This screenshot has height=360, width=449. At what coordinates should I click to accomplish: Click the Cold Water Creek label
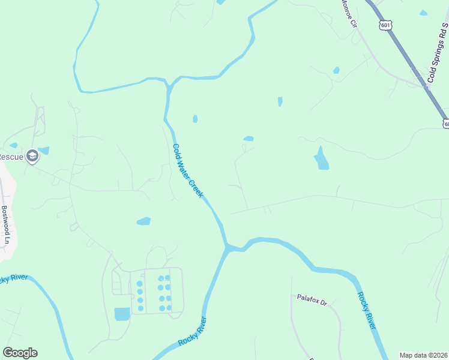188,171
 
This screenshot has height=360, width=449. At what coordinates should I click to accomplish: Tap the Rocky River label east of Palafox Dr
366,310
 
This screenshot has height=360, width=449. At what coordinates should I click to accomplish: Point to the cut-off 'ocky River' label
11,278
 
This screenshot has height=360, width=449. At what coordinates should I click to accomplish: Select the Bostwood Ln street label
6,220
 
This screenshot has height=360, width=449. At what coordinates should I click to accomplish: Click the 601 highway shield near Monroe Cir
386,25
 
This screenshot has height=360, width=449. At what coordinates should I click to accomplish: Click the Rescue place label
10,157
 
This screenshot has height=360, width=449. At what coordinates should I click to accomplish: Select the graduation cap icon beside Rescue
32,157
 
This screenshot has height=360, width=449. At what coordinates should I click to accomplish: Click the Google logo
20,353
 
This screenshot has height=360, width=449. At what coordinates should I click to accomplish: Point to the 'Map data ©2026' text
424,355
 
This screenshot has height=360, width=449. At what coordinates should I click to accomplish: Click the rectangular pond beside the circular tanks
122,314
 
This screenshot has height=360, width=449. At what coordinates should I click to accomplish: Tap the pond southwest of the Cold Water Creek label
143,221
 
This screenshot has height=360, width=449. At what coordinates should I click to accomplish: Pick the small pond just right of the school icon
44,151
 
